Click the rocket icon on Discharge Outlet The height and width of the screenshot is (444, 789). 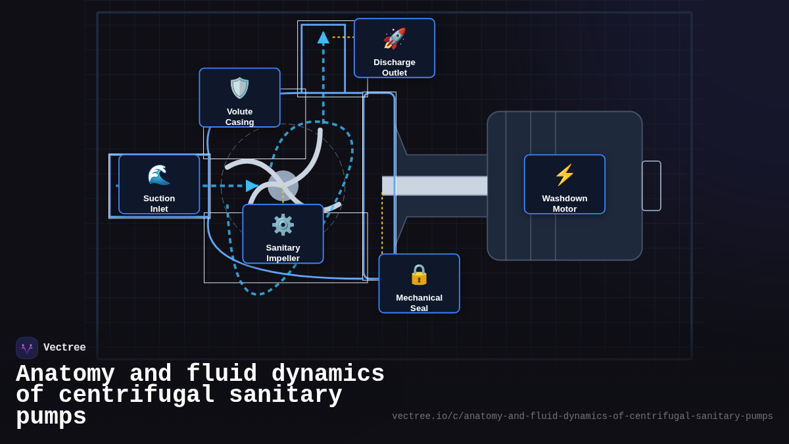pos(394,38)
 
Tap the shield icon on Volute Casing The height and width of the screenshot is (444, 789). pos(239,88)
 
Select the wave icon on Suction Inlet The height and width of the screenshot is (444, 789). pos(159,175)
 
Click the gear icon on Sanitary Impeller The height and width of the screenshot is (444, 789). pos(283,225)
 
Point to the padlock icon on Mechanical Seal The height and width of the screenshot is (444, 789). pos(419,274)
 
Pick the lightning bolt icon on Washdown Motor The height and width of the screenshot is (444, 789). pos(565,175)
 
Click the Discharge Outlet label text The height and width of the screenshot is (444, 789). pos(394,67)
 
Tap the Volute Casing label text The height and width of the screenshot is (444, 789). pos(239,116)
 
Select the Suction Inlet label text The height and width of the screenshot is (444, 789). pos(159,203)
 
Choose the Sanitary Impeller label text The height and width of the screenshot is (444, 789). pos(283,253)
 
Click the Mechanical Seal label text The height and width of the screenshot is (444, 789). pos(419,303)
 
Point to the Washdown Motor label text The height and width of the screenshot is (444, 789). pos(565,203)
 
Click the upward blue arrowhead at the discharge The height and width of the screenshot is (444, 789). pos(323,37)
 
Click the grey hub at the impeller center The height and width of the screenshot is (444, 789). pos(283,185)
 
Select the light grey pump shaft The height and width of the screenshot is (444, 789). pos(435,185)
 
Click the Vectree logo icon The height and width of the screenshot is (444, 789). pos(27,348)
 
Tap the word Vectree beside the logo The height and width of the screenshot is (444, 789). pos(64,348)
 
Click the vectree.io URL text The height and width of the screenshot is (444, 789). pos(582,416)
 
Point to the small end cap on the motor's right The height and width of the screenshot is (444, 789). pos(651,185)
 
